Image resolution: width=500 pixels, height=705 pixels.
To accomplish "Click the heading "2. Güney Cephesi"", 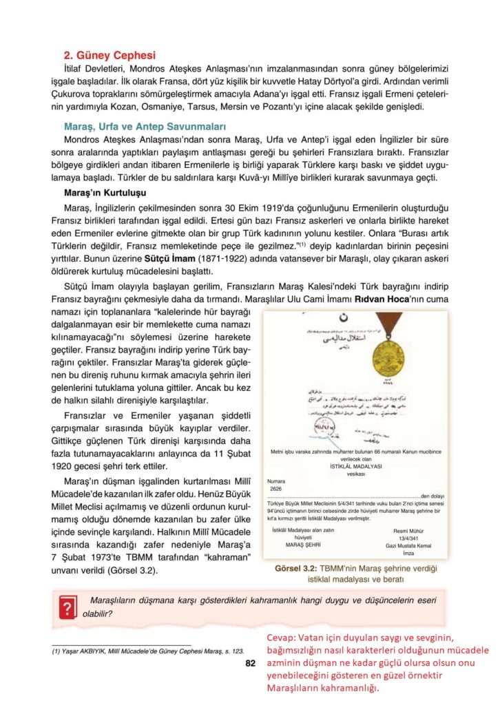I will [x=110, y=55].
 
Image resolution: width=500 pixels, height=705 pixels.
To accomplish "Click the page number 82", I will [x=251, y=664].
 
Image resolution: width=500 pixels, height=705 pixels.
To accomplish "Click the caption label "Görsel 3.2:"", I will [x=297, y=569].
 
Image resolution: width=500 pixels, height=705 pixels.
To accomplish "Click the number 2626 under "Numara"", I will [x=277, y=490].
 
